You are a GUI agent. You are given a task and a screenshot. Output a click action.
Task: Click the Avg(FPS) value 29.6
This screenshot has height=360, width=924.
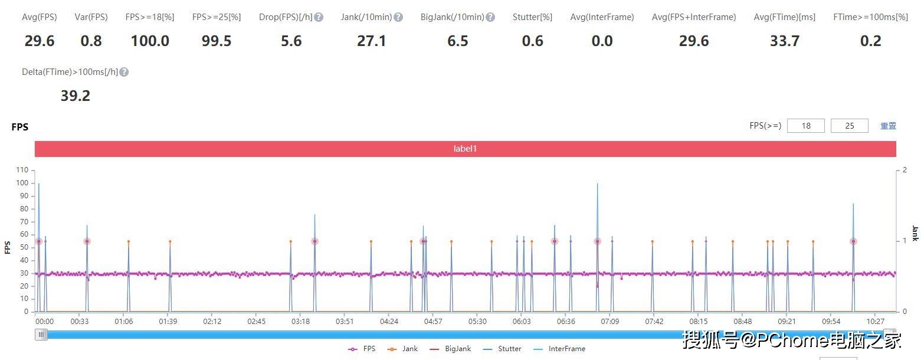[40, 41]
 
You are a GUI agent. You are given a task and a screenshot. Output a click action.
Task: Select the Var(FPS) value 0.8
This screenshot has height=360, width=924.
[91, 41]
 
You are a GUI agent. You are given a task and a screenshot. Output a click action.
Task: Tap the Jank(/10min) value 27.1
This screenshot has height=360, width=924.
[371, 41]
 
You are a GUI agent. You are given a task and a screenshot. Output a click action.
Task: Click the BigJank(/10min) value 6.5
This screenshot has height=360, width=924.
[457, 41]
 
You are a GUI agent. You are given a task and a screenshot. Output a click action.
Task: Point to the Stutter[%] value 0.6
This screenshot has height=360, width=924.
[532, 41]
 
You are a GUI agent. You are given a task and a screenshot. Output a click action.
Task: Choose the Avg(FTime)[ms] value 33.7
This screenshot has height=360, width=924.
[784, 41]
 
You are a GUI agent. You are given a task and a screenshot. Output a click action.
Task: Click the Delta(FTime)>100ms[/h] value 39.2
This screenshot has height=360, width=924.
[76, 96]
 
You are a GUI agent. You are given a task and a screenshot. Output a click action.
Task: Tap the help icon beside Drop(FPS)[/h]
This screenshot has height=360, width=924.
[319, 17]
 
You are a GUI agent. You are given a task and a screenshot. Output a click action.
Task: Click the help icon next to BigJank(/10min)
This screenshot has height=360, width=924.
[490, 17]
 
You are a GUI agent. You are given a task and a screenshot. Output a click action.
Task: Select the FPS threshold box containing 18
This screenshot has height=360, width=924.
[805, 126]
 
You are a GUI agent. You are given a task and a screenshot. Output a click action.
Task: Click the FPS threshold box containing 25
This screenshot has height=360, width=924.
[849, 126]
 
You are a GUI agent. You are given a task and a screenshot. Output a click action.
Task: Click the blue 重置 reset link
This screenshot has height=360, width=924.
[888, 126]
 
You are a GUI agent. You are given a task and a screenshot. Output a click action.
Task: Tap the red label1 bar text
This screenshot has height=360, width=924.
[465, 149]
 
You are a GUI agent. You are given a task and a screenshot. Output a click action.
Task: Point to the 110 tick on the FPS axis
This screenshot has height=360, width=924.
[22, 170]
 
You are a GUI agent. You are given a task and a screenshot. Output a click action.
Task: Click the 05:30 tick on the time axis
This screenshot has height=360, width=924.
[477, 322]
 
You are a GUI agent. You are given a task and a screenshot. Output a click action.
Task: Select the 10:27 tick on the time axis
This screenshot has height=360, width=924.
[875, 322]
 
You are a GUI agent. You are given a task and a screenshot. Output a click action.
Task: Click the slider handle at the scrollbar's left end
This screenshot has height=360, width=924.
[41, 335]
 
